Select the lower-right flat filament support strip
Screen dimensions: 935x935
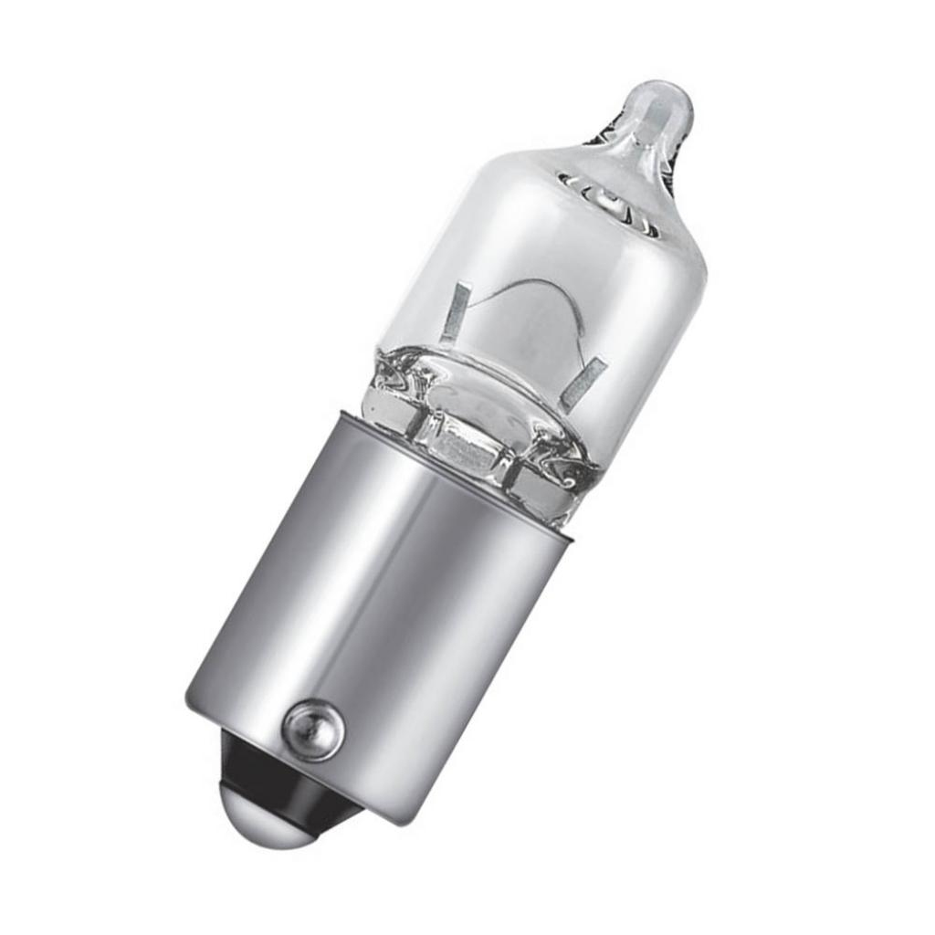click(x=582, y=383)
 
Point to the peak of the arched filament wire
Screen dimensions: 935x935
click(x=534, y=286)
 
